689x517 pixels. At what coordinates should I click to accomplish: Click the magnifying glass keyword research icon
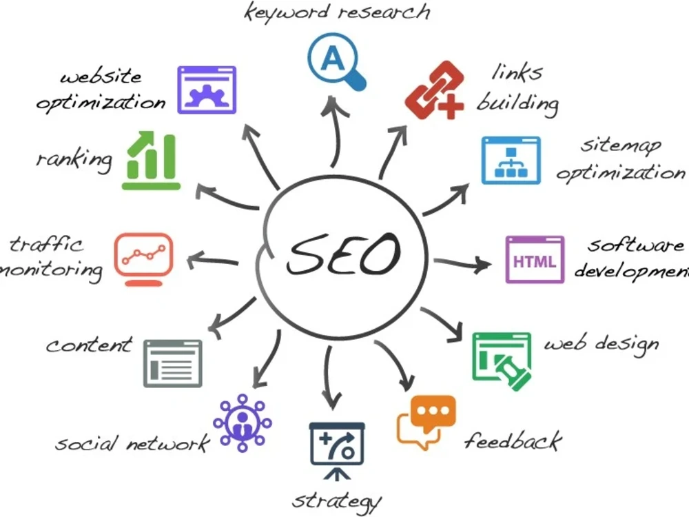pos(336,61)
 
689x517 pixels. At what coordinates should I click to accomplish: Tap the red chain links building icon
pos(434,90)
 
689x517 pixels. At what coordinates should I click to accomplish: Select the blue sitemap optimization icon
pos(511,161)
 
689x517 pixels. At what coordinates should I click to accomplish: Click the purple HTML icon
pos(535,259)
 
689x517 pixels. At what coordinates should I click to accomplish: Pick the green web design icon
pos(502,361)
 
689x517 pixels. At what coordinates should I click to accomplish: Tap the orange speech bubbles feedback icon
pos(426,422)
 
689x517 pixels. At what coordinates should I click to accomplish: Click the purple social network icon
pos(242,423)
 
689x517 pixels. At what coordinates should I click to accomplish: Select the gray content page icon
pos(173,363)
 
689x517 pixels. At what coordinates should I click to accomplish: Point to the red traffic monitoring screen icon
pos(143,259)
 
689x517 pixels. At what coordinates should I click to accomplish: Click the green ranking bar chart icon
pos(151,161)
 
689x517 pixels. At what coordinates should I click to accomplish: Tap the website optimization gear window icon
pos(207,90)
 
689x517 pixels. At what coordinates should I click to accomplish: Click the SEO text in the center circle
pos(344,254)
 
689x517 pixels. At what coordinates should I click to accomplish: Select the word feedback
pos(513,440)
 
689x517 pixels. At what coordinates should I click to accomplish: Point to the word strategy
pos(337,501)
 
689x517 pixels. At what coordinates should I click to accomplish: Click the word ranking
pos(74,160)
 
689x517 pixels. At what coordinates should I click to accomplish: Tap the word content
pos(89,345)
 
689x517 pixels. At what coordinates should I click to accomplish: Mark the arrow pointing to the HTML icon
pos(462,263)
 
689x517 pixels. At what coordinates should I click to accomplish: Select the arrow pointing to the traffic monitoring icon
pos(213,261)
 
